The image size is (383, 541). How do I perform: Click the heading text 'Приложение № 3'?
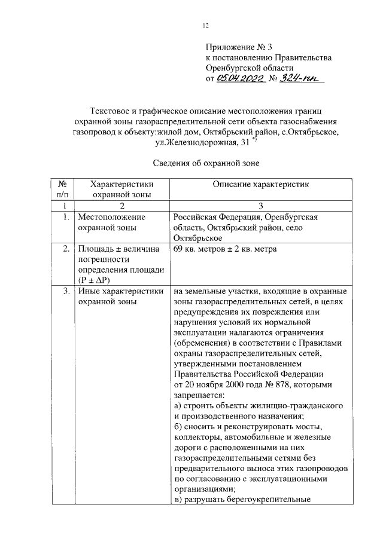pos(235,47)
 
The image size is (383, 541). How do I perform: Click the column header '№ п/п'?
pos(62,189)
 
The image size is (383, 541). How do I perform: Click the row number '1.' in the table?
pos(66,217)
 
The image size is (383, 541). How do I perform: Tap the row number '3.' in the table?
pos(66,292)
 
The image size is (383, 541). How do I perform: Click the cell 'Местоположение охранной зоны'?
pos(113,222)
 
